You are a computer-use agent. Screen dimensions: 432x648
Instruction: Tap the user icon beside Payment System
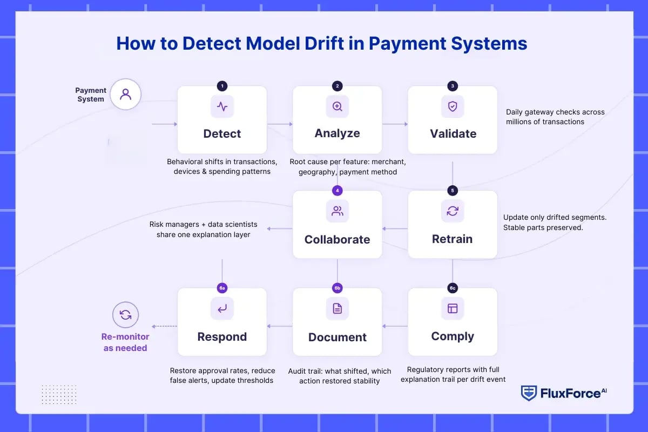tap(125, 94)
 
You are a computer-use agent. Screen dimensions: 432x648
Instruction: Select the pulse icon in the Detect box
tap(222, 106)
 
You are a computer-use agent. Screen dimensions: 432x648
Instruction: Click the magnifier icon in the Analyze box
tap(337, 106)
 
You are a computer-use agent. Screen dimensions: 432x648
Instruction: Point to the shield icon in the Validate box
tap(453, 106)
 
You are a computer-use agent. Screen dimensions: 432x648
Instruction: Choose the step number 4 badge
tap(337, 191)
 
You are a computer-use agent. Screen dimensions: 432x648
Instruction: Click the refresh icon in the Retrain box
tap(453, 211)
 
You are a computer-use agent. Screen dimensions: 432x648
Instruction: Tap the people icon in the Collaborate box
tap(337, 211)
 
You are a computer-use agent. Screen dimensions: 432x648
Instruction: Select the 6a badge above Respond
tap(222, 288)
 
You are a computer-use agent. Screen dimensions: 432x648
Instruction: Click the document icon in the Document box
tap(337, 308)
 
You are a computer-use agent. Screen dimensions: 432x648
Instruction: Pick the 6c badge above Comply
tap(453, 288)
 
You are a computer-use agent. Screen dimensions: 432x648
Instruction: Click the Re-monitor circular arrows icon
tap(125, 315)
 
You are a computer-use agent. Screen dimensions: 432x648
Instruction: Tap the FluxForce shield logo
tap(529, 393)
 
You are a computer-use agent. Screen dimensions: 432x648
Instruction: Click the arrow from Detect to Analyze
tap(280, 124)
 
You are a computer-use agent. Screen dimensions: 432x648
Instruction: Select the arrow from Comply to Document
tap(395, 326)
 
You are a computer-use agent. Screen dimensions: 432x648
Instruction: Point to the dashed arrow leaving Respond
tap(164, 326)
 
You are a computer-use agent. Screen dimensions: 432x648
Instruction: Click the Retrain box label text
tap(453, 239)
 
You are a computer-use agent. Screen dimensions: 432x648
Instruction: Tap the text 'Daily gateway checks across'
tap(555, 112)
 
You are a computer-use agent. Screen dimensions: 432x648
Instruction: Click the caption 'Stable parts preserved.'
tap(543, 227)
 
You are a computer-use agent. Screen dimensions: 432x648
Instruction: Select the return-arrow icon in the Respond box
tap(222, 308)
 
